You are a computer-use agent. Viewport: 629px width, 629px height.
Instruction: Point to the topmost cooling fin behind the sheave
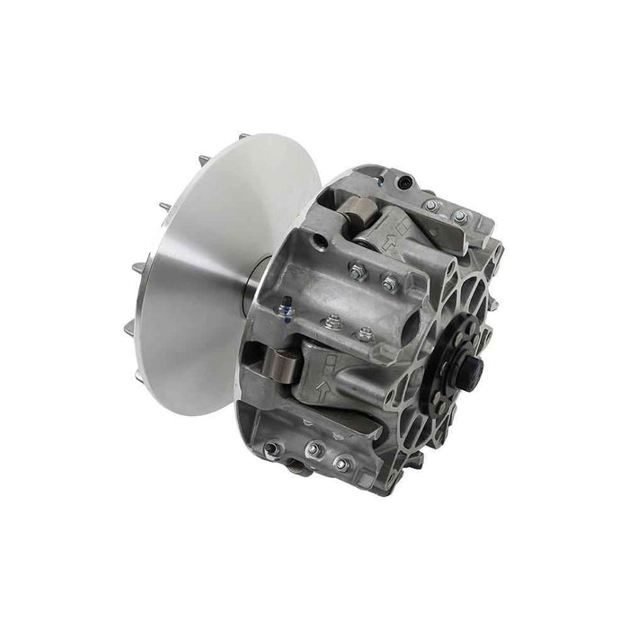pyautogui.click(x=244, y=137)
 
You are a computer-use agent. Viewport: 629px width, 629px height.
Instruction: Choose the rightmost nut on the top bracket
pyautogui.click(x=460, y=217)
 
